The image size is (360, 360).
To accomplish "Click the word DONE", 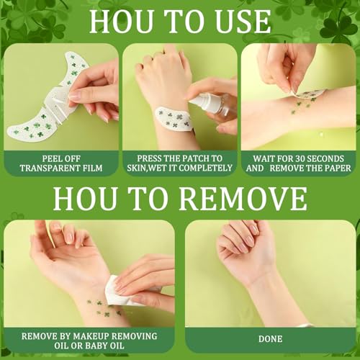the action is (x=270, y=339).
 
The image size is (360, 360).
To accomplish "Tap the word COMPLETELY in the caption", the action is (x=205, y=168).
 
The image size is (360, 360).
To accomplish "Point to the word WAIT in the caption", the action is (x=263, y=158).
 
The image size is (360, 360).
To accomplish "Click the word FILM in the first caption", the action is (x=94, y=168).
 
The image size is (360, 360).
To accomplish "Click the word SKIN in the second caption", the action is (x=136, y=168).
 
